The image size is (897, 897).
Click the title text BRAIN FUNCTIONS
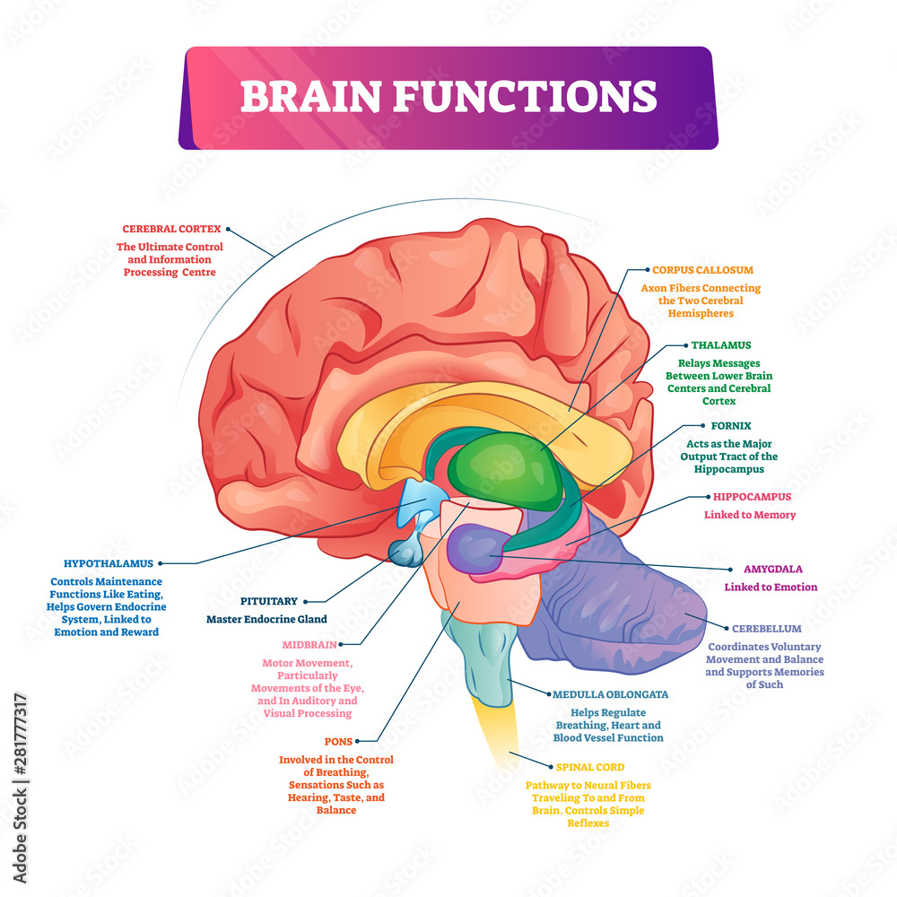pos(448,96)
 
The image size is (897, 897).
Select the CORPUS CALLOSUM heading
pos(702,269)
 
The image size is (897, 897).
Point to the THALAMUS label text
pos(721,344)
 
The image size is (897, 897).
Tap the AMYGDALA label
pos(772,569)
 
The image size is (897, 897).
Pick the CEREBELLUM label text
pos(766,629)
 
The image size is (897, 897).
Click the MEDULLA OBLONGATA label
pos(611,694)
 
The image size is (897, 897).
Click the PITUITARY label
pos(266,601)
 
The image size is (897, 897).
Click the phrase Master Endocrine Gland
pos(266,619)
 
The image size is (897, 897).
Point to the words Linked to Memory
pos(749,515)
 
